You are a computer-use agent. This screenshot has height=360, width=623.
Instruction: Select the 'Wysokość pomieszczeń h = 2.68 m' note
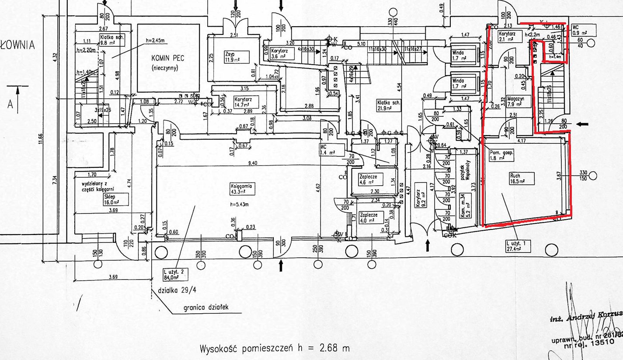[x=275, y=349]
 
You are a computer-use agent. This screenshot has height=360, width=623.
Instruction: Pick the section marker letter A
[x=10, y=105]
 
